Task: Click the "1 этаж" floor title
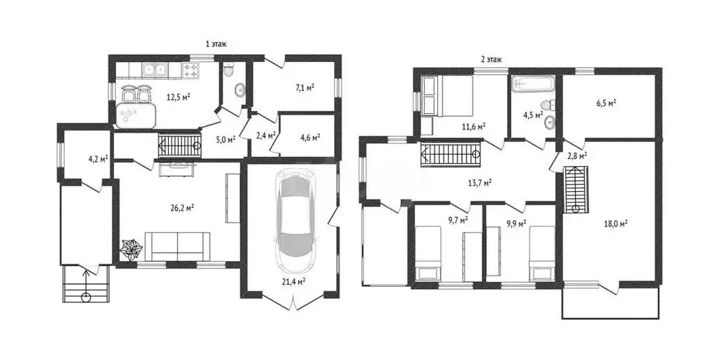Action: click(x=217, y=44)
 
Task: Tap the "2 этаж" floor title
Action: click(x=491, y=59)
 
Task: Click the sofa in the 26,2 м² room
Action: click(x=177, y=246)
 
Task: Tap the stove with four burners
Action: click(x=191, y=70)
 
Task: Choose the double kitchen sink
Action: click(x=155, y=70)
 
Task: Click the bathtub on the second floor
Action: click(x=533, y=84)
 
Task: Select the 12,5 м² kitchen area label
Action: click(x=179, y=97)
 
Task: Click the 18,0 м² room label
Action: click(x=616, y=224)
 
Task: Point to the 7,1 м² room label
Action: click(x=304, y=86)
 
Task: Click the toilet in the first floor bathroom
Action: click(x=229, y=70)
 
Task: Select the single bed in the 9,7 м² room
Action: click(x=428, y=252)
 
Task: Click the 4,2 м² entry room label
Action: click(x=98, y=160)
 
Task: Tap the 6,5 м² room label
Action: click(x=606, y=103)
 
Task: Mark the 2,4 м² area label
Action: click(x=265, y=136)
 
